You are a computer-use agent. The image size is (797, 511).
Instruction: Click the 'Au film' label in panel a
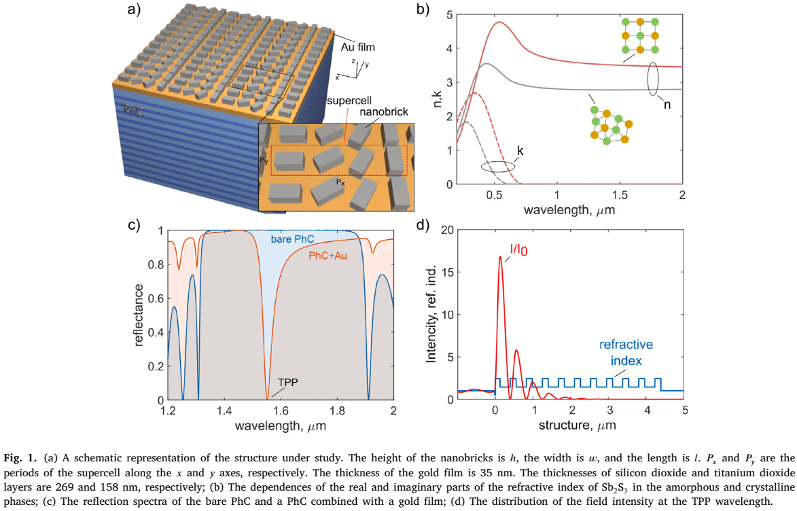pyautogui.click(x=359, y=48)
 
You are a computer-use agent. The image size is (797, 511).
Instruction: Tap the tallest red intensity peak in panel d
pyautogui.click(x=500, y=257)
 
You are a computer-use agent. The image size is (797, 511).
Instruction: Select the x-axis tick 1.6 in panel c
pyautogui.click(x=281, y=411)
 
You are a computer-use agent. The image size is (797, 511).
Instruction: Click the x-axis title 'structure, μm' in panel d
pyautogui.click(x=571, y=427)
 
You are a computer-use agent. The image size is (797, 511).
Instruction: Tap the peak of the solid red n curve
pyautogui.click(x=499, y=22)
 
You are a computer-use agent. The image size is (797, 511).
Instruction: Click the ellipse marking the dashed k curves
pyautogui.click(x=494, y=166)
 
